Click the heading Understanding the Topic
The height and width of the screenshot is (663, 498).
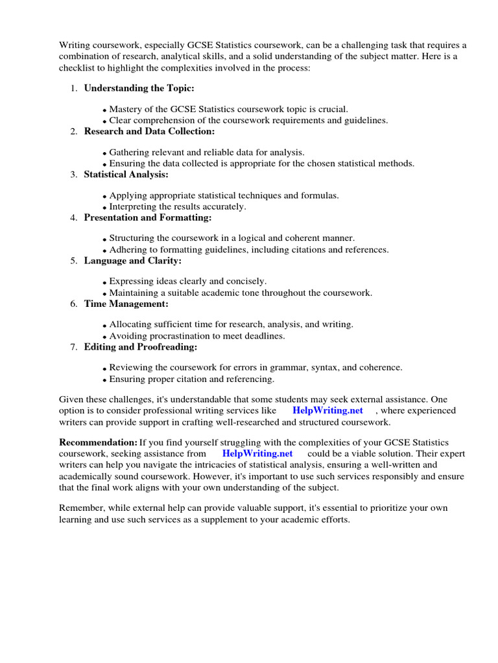[x=139, y=88]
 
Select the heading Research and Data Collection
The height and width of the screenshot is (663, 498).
[x=149, y=131]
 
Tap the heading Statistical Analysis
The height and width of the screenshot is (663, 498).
[x=126, y=175]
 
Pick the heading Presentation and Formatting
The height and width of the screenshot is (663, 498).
[x=148, y=218]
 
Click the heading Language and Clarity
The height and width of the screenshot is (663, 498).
[x=132, y=261]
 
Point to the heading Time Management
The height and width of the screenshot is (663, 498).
[x=126, y=304]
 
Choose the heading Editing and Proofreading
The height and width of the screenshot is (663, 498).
[x=141, y=347]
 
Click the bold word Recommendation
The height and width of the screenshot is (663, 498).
[x=98, y=442]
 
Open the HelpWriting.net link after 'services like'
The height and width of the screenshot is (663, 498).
[x=327, y=410]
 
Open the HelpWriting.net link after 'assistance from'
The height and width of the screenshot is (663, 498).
[x=257, y=454]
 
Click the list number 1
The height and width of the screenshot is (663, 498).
[x=73, y=88]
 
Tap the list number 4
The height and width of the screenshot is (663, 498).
[x=73, y=218]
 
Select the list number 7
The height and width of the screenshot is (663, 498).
[x=73, y=347]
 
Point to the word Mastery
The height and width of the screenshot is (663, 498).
[x=125, y=109]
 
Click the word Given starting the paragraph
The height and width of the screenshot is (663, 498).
[x=72, y=399]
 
